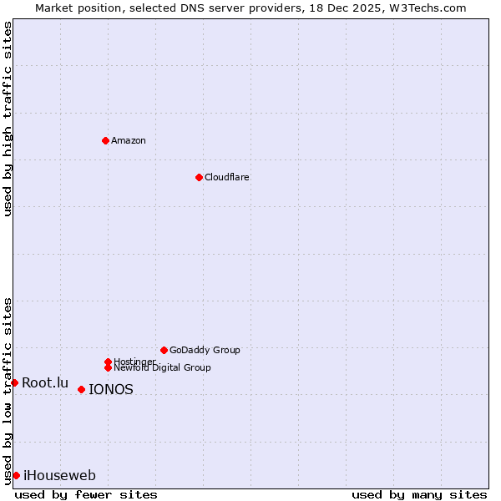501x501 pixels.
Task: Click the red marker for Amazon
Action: point(105,140)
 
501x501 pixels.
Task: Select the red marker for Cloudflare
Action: point(199,177)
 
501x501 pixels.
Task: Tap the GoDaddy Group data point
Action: point(164,350)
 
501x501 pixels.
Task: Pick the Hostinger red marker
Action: point(108,362)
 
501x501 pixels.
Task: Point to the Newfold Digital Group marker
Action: point(108,367)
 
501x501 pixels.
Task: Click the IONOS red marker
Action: point(81,389)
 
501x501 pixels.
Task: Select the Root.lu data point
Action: point(14,382)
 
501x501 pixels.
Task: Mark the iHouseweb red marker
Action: point(16,475)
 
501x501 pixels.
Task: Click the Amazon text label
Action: point(129,140)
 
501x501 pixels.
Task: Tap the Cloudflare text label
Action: point(227,177)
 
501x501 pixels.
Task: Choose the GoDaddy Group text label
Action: point(205,350)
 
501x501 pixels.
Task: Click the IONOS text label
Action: point(111,389)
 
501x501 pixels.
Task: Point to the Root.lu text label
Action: point(45,382)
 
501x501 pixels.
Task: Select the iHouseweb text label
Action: point(59,475)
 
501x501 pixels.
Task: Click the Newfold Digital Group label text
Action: point(162,368)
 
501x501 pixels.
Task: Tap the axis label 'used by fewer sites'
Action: point(86,494)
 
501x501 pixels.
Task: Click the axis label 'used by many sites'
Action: point(419,494)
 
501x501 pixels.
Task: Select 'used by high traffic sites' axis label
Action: point(8,119)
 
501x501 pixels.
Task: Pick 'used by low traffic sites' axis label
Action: point(8,391)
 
